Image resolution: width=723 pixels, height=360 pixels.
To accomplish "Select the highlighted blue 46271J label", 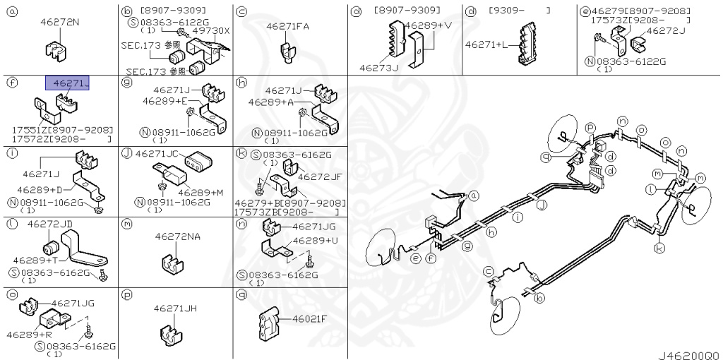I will click(x=68, y=84).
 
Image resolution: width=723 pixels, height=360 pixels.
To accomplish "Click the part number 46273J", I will click(x=379, y=68).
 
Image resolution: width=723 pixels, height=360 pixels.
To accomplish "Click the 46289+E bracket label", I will click(x=165, y=101).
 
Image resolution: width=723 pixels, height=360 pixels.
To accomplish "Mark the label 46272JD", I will click(x=49, y=224).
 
